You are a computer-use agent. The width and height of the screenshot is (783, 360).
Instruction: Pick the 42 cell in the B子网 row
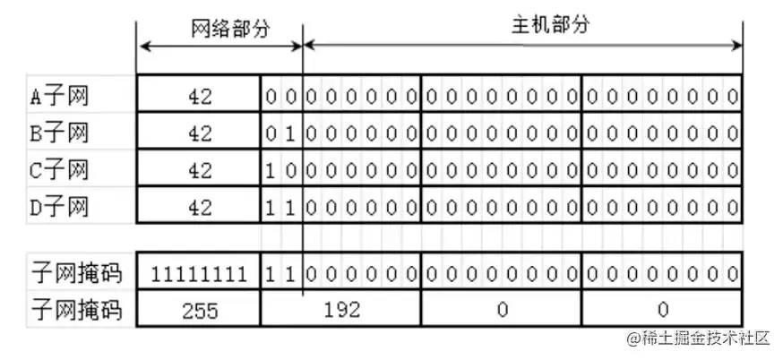[200, 133]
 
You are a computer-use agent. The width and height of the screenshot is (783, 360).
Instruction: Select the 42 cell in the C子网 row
[200, 170]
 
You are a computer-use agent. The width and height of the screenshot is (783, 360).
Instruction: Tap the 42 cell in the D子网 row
[200, 207]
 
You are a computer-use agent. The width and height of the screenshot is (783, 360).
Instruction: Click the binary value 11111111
[200, 273]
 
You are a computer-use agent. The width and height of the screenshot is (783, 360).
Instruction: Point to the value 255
[200, 310]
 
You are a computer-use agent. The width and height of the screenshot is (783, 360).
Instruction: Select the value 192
[342, 310]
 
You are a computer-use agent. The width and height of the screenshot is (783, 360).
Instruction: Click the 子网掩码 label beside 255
[75, 310]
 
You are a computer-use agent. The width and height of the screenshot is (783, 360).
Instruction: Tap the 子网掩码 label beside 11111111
[75, 273]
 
